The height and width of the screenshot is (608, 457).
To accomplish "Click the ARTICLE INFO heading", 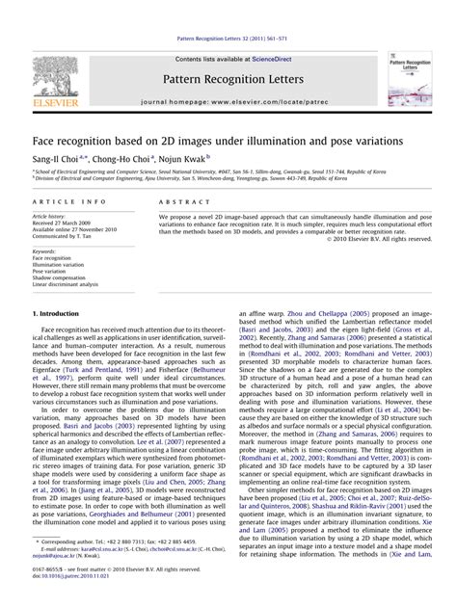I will (x=70, y=201).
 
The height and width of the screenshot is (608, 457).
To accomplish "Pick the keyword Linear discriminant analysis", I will (x=66, y=285).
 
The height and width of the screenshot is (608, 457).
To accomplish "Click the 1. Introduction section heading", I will (x=56, y=315).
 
